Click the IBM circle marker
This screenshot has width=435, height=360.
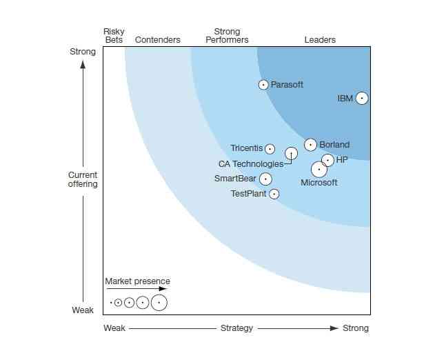[x=361, y=98]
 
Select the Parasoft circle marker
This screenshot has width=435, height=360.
[x=263, y=85]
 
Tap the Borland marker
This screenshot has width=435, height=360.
[x=310, y=145]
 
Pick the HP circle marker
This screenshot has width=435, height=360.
[x=327, y=160]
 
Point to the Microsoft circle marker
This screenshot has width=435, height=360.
[x=319, y=169]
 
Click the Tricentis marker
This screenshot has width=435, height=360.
[x=270, y=149]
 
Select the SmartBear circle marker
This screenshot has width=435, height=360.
[x=265, y=179]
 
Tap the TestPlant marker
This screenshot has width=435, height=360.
[x=274, y=194]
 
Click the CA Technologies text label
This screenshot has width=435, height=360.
[x=250, y=164]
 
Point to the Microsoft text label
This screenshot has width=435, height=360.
[x=319, y=183]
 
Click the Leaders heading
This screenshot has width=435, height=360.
[x=320, y=40]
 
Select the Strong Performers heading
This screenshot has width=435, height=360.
[x=227, y=36]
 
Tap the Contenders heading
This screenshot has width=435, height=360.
[x=157, y=40]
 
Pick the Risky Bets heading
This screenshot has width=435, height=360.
[x=114, y=36]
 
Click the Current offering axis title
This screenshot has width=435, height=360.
[x=83, y=179]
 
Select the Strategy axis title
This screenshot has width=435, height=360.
[x=236, y=328]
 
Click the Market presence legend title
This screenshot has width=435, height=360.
[x=137, y=281]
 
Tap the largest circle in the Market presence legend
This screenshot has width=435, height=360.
[x=159, y=302]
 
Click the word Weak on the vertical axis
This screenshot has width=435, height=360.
[x=83, y=310]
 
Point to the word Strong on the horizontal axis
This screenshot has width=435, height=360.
[x=356, y=328]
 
